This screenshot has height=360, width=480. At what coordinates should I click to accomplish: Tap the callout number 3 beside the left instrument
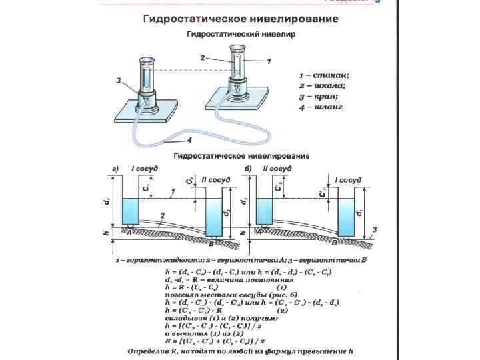118,81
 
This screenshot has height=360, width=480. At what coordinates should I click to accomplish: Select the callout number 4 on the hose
189,141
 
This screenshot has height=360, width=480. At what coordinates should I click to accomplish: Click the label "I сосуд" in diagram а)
145,169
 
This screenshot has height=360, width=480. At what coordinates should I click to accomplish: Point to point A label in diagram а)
130,232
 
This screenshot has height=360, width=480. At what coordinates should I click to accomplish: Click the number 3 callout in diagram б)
375,230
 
